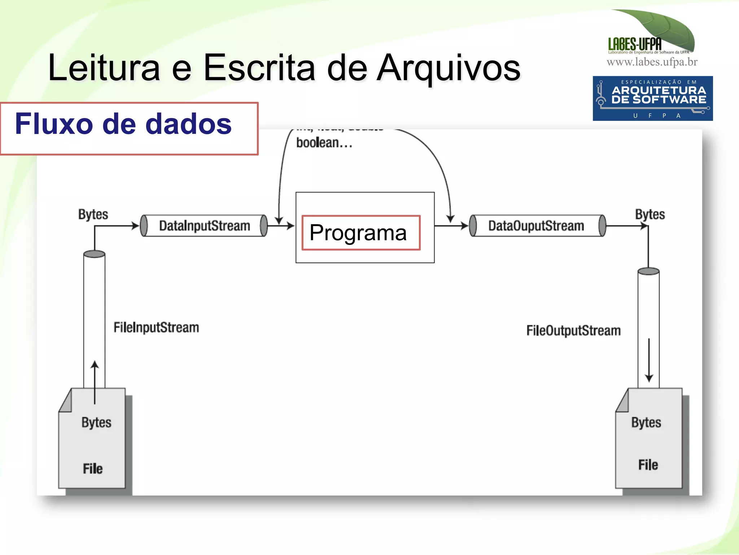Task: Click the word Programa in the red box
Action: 358,233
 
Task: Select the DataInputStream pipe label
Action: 204,226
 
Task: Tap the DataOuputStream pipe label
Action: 536,226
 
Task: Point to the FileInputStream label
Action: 156,328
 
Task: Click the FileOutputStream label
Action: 573,331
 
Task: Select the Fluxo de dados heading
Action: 123,124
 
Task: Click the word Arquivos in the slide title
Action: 449,68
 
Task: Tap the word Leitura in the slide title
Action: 104,68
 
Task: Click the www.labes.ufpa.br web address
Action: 652,62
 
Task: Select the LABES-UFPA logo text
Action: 635,44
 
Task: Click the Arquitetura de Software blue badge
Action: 652,98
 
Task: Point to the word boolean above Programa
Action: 324,143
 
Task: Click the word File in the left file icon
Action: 93,469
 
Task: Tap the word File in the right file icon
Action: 648,465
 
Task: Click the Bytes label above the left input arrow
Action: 93,214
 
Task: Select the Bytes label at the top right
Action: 650,214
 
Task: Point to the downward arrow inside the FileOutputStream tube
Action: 649,361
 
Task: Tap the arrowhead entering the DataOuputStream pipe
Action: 464,226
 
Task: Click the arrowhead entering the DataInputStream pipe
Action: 135,226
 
